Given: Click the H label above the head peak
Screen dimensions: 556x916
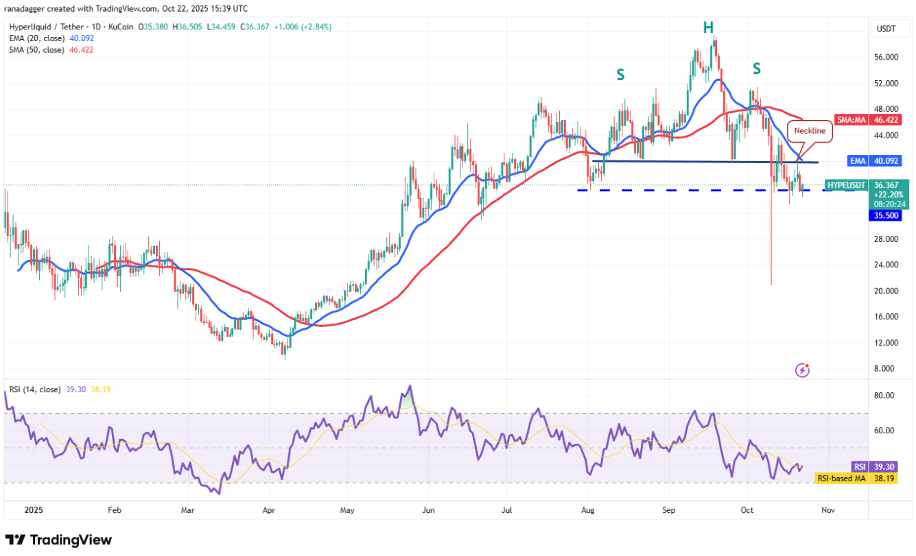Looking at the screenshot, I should point(708,28).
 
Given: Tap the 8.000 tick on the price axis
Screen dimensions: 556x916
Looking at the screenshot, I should point(887,369).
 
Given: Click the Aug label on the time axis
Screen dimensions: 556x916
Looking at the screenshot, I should point(587,510).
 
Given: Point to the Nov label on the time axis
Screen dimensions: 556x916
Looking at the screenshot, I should point(827,510).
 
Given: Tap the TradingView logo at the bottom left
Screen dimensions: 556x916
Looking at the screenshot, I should point(58,540).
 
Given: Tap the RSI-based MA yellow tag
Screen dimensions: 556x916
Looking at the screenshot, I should point(841,478).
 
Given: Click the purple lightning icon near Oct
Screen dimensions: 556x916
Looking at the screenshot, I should point(802,370).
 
